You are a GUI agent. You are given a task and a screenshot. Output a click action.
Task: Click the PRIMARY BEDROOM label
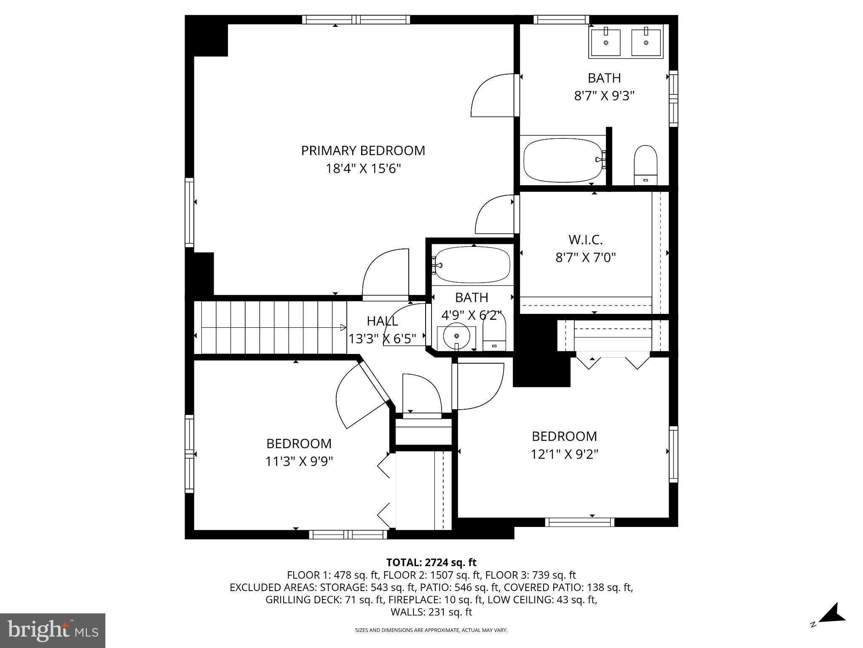tap(363, 151)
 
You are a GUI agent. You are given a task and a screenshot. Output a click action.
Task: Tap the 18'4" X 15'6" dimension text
tap(363, 169)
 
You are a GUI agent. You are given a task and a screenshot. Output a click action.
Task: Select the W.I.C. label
tap(585, 240)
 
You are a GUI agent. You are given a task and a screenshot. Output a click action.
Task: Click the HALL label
tap(382, 321)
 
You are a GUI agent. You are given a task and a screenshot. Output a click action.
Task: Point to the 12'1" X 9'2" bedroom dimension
tap(564, 454)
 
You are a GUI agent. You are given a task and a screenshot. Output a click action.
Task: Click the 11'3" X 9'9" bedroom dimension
tap(299, 462)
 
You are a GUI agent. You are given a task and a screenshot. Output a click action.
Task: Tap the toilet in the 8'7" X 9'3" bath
tap(646, 165)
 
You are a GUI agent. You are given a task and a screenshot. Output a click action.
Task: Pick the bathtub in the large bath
tap(563, 160)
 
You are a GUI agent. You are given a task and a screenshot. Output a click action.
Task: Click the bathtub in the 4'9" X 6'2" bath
tap(472, 265)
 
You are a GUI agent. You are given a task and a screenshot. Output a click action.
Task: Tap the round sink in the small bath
tap(456, 337)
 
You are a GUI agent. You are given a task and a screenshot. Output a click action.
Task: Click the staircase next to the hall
tap(270, 327)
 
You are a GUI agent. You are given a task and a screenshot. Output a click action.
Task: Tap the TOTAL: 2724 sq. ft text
tap(431, 562)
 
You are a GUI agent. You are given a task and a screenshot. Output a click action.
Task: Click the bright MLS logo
tap(53, 630)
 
